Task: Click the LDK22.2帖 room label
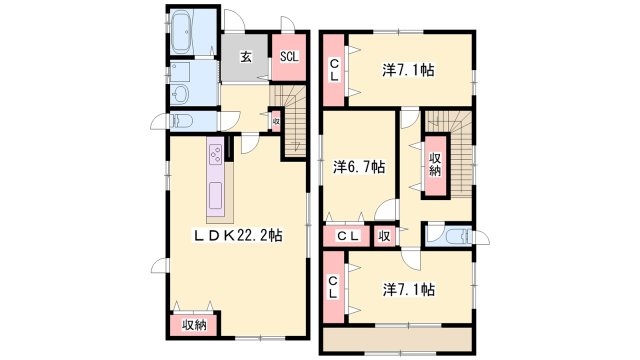(x=238, y=235)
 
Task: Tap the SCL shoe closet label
(x=289, y=56)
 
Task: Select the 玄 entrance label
(x=245, y=57)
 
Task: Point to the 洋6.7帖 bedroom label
(x=359, y=167)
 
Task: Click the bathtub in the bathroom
(x=182, y=32)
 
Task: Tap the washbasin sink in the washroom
(x=180, y=95)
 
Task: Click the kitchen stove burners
(x=216, y=155)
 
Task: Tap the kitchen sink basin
(x=216, y=195)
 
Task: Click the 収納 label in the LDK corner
(x=194, y=325)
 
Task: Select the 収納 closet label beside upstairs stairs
(x=436, y=164)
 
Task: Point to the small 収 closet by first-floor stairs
(x=276, y=121)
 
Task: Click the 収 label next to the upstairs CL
(x=384, y=236)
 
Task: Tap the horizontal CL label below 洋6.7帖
(x=347, y=236)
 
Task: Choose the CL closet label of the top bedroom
(x=334, y=70)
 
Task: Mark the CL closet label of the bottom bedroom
(x=333, y=287)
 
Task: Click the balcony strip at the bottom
(x=398, y=339)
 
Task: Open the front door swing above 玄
(x=234, y=20)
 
